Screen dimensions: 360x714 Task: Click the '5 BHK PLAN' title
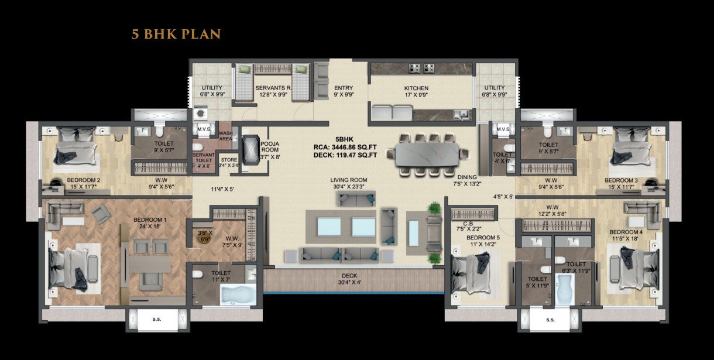pyautogui.click(x=176, y=34)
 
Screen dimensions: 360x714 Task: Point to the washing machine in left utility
pyautogui.click(x=201, y=112)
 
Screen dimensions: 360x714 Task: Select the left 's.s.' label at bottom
pyautogui.click(x=157, y=320)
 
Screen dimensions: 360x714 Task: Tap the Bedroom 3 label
pyautogui.click(x=622, y=180)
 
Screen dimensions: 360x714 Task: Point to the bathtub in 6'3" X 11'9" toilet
pyautogui.click(x=565, y=291)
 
